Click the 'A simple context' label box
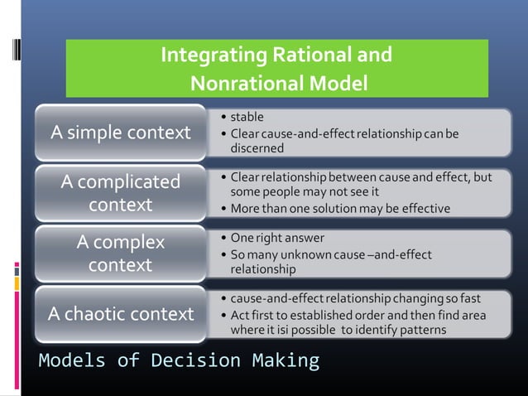coord(121,133)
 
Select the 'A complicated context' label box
coord(121,192)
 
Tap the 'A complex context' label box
coord(121,254)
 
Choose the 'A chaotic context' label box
coord(121,314)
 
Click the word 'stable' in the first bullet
coord(247,117)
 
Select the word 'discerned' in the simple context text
coord(257,148)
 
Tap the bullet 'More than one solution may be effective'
coord(340,208)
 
